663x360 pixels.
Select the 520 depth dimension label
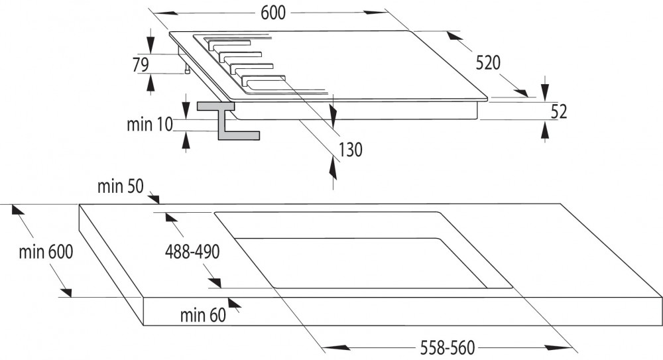487,62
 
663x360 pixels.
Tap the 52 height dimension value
559,111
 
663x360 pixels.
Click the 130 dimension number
351,150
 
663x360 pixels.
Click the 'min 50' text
119,187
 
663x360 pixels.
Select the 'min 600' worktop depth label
46,252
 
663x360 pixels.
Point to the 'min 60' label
203,315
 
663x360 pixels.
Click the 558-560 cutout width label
441,347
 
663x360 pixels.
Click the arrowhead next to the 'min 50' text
154,198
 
